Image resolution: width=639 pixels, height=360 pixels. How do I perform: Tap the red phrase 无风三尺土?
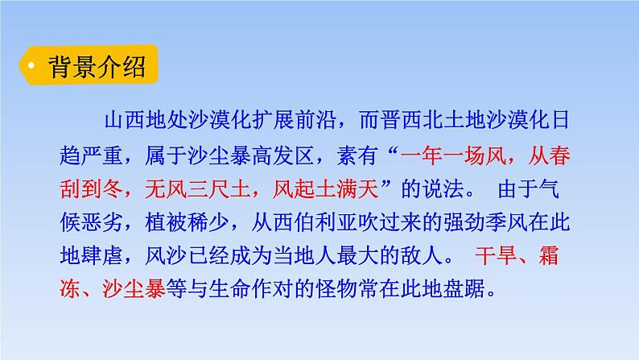tap(188, 190)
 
